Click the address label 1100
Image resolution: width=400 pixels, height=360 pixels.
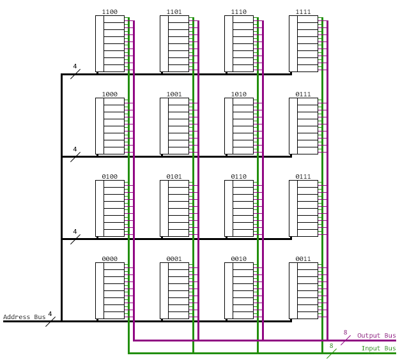point(109,12)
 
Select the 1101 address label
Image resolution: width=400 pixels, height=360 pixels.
point(174,12)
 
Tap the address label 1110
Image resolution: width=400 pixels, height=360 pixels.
point(238,12)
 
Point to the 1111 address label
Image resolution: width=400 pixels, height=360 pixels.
point(303,12)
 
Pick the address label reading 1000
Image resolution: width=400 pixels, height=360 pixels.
point(109,94)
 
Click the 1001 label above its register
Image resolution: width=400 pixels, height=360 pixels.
point(174,94)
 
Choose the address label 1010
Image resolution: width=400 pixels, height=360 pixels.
point(238,94)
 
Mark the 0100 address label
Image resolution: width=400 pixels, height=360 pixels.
point(109,177)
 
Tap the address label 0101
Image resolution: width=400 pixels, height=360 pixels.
point(174,177)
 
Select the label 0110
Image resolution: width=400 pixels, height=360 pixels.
point(238,177)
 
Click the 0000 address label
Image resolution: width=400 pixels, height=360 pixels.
point(109,259)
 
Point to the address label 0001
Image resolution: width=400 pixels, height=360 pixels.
point(174,259)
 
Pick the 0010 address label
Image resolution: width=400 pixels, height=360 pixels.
point(238,259)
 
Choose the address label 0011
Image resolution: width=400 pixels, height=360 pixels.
point(303,259)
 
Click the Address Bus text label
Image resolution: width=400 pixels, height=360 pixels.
point(24,317)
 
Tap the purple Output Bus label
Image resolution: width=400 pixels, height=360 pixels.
point(376,336)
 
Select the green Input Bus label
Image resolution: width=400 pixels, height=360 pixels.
point(378,349)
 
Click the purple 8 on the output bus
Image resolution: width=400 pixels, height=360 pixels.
point(345,333)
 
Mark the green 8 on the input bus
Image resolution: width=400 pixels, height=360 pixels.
point(331,346)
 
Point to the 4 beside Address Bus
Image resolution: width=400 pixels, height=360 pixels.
point(50,314)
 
